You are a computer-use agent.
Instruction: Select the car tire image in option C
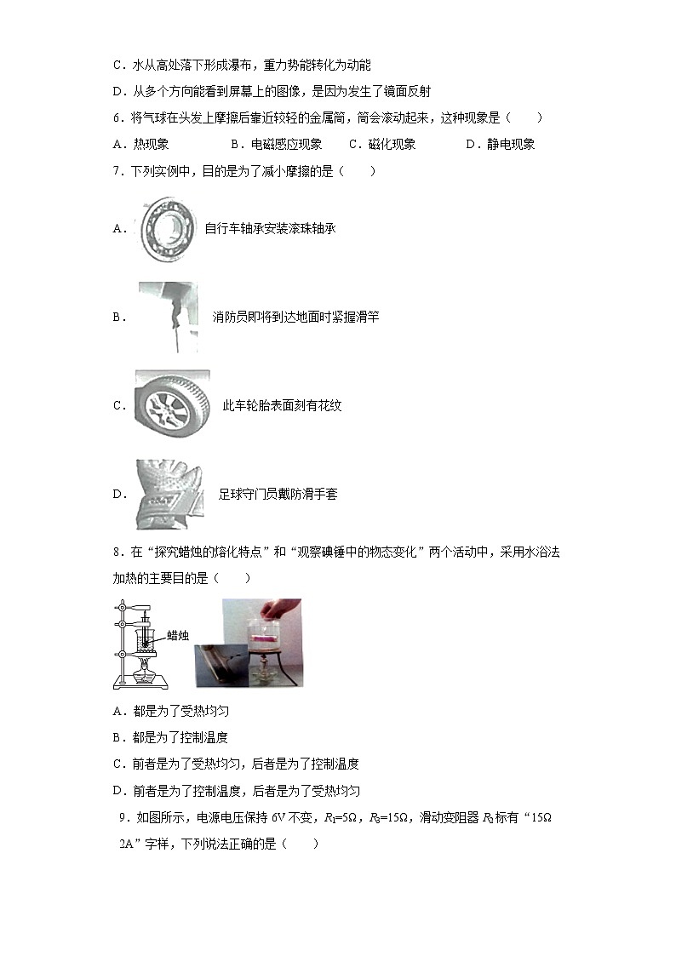tap(171, 404)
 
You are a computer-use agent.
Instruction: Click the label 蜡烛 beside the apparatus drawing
tap(177, 635)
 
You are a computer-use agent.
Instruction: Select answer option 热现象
tap(152, 145)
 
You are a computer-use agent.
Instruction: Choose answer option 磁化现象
tap(392, 145)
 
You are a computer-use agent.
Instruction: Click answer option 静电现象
tap(511, 145)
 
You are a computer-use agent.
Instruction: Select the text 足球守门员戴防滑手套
tap(278, 495)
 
